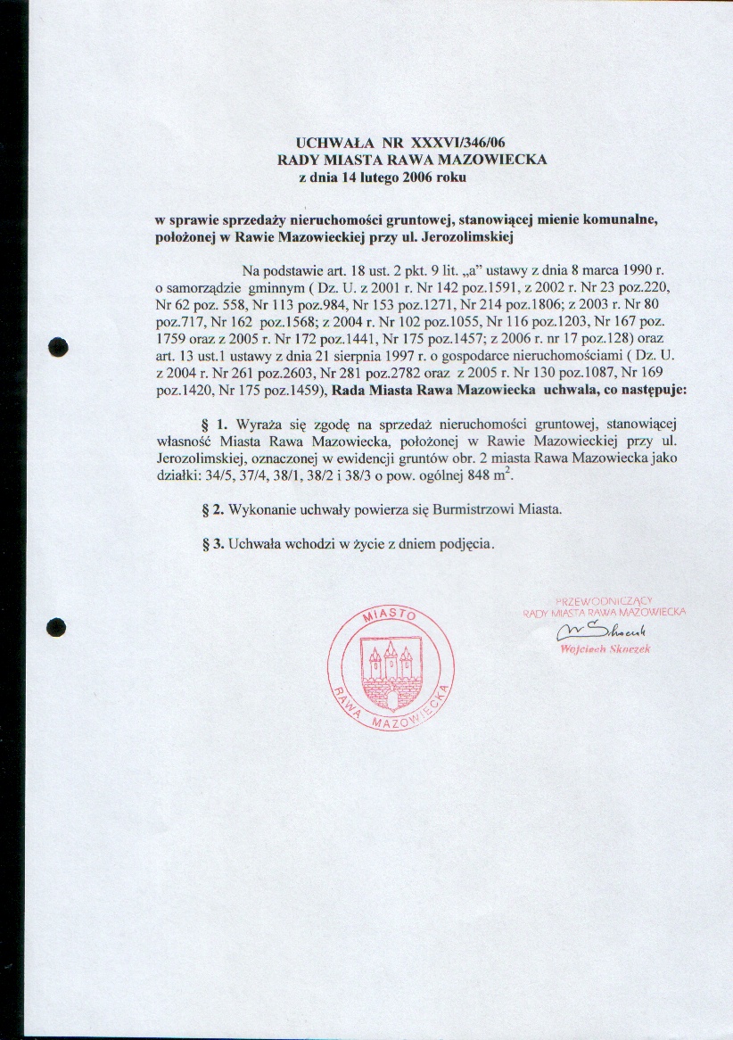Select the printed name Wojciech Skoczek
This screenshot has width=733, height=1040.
click(x=605, y=648)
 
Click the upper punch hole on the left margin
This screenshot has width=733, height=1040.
click(x=58, y=346)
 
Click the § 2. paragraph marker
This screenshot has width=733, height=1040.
click(x=213, y=508)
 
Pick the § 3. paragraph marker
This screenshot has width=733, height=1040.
click(x=213, y=544)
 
